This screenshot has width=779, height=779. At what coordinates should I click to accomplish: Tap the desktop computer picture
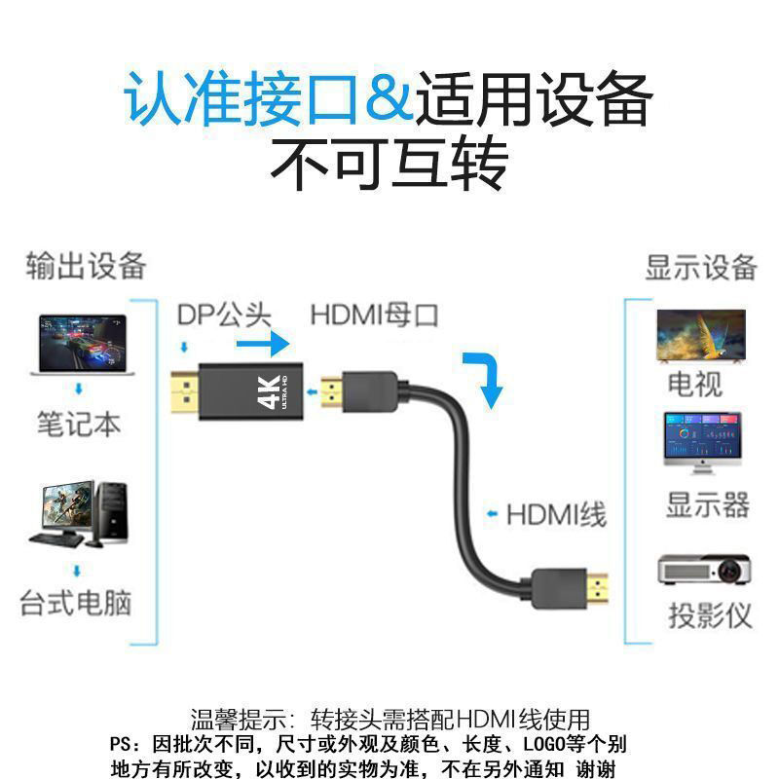(x=82, y=514)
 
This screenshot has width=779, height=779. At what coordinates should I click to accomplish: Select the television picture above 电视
(x=700, y=336)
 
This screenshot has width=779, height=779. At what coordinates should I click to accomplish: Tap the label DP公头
(x=224, y=315)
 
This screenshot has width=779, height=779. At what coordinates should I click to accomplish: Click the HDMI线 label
(x=556, y=513)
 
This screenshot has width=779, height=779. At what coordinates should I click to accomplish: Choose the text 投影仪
(x=710, y=615)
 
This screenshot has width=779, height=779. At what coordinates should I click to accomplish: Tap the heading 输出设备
(x=86, y=265)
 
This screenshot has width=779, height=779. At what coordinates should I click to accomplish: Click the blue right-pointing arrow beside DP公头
(x=263, y=344)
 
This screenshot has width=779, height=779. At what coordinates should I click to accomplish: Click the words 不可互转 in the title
(x=389, y=166)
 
